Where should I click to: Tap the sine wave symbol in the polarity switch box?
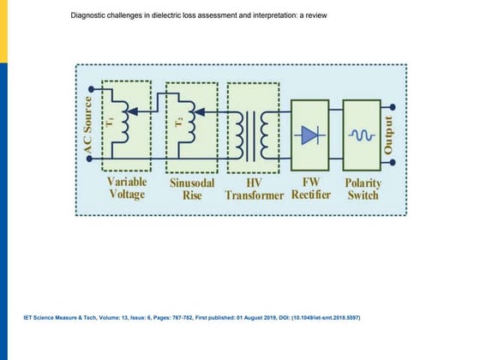(x=361, y=135)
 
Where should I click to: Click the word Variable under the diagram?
(x=127, y=183)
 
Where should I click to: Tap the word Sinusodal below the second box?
(x=190, y=183)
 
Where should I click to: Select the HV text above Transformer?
(x=255, y=183)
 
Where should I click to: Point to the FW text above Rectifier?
(x=310, y=183)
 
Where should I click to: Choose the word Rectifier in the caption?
(x=310, y=195)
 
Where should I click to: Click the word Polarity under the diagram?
(x=363, y=183)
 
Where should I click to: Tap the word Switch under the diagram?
(x=363, y=195)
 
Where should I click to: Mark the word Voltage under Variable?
(x=127, y=195)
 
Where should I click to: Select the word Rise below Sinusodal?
(x=190, y=195)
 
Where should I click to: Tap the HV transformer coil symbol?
(x=255, y=135)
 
